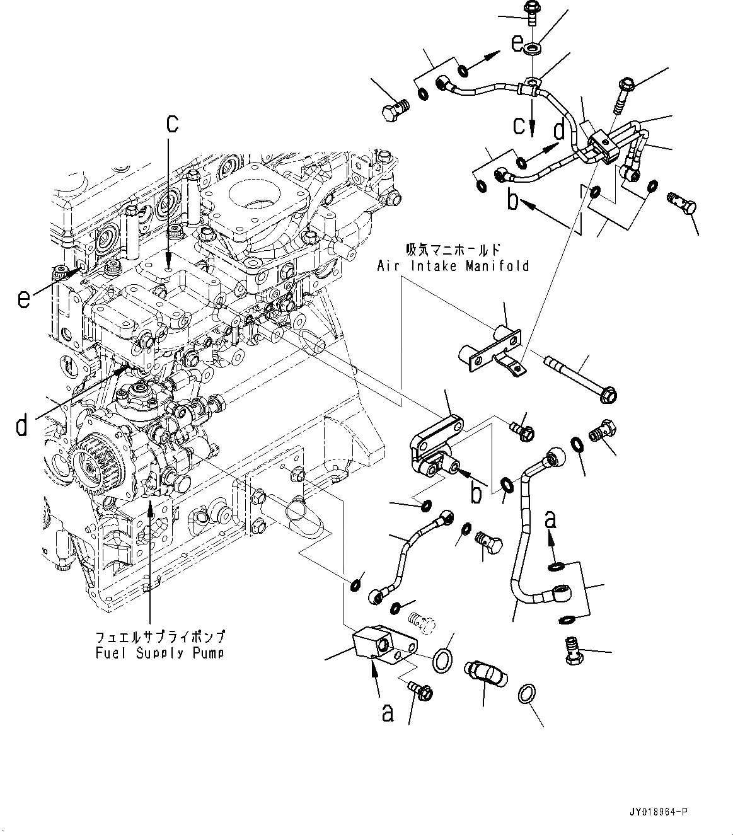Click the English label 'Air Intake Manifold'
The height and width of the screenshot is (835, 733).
click(453, 266)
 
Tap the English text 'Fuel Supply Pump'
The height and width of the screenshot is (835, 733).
click(159, 653)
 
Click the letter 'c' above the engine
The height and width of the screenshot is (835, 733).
click(172, 124)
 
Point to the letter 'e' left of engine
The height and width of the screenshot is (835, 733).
click(23, 299)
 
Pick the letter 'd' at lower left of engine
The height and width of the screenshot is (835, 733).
click(22, 427)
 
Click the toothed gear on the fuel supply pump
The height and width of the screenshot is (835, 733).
click(89, 467)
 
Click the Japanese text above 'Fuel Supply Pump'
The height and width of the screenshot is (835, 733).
click(159, 636)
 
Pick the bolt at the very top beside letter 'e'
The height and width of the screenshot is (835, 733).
click(531, 11)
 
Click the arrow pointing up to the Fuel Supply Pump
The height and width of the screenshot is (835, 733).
click(150, 510)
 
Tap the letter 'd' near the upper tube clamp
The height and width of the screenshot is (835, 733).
click(558, 130)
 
